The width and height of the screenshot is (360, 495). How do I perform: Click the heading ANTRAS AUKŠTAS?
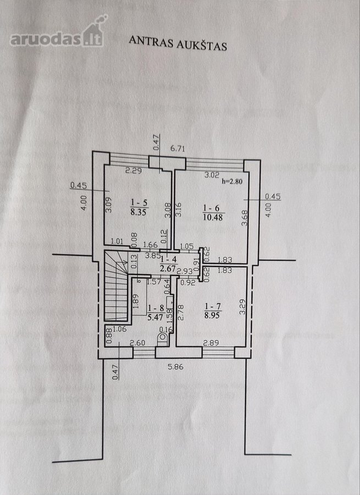coord(178,43)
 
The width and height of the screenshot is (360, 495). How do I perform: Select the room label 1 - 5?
coord(139,202)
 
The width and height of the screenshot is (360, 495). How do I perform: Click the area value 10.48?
coord(213,217)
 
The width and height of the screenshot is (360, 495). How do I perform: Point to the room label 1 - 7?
coord(213,306)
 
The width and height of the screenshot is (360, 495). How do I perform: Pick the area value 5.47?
coord(155,317)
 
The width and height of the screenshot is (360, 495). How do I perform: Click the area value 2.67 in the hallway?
coord(168,268)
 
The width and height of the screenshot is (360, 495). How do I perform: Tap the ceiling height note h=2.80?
coord(232,181)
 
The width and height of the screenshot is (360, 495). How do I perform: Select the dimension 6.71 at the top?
coord(178,148)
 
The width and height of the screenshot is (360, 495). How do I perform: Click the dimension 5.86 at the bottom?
coord(176,367)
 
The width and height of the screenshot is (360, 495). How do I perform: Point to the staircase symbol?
coord(116,286)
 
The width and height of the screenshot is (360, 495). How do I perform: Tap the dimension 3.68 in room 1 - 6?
coord(245,218)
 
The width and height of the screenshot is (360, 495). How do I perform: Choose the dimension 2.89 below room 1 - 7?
coord(211,343)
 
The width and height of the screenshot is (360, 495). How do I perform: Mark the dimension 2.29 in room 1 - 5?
coord(134,171)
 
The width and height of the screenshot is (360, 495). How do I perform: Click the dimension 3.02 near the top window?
coord(212,175)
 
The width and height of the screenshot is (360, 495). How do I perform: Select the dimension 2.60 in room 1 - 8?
coord(137,343)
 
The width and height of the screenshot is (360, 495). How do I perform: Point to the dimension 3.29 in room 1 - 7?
coord(242,307)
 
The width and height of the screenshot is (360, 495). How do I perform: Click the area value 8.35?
coord(139,212)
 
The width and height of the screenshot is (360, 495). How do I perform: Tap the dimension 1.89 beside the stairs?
coord(136,302)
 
